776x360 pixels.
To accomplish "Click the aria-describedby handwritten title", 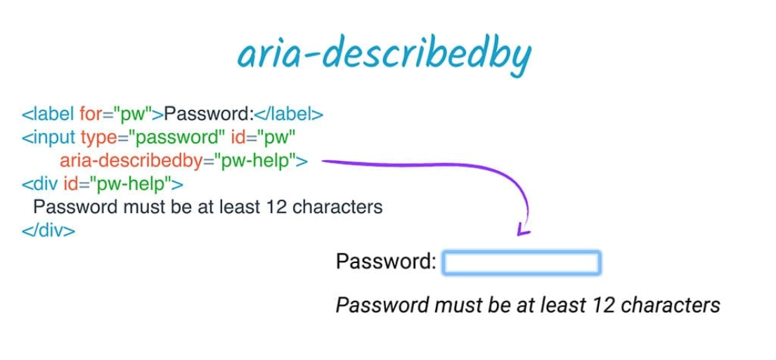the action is pyautogui.click(x=383, y=56).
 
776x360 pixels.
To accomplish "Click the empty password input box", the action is pyautogui.click(x=522, y=263).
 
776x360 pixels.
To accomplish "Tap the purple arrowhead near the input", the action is pyautogui.click(x=522, y=229).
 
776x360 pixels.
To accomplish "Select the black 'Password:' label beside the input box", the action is pyautogui.click(x=387, y=262).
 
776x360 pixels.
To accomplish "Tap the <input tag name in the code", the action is pyautogui.click(x=48, y=137).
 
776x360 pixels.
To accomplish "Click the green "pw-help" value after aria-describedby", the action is pyautogui.click(x=254, y=161).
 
